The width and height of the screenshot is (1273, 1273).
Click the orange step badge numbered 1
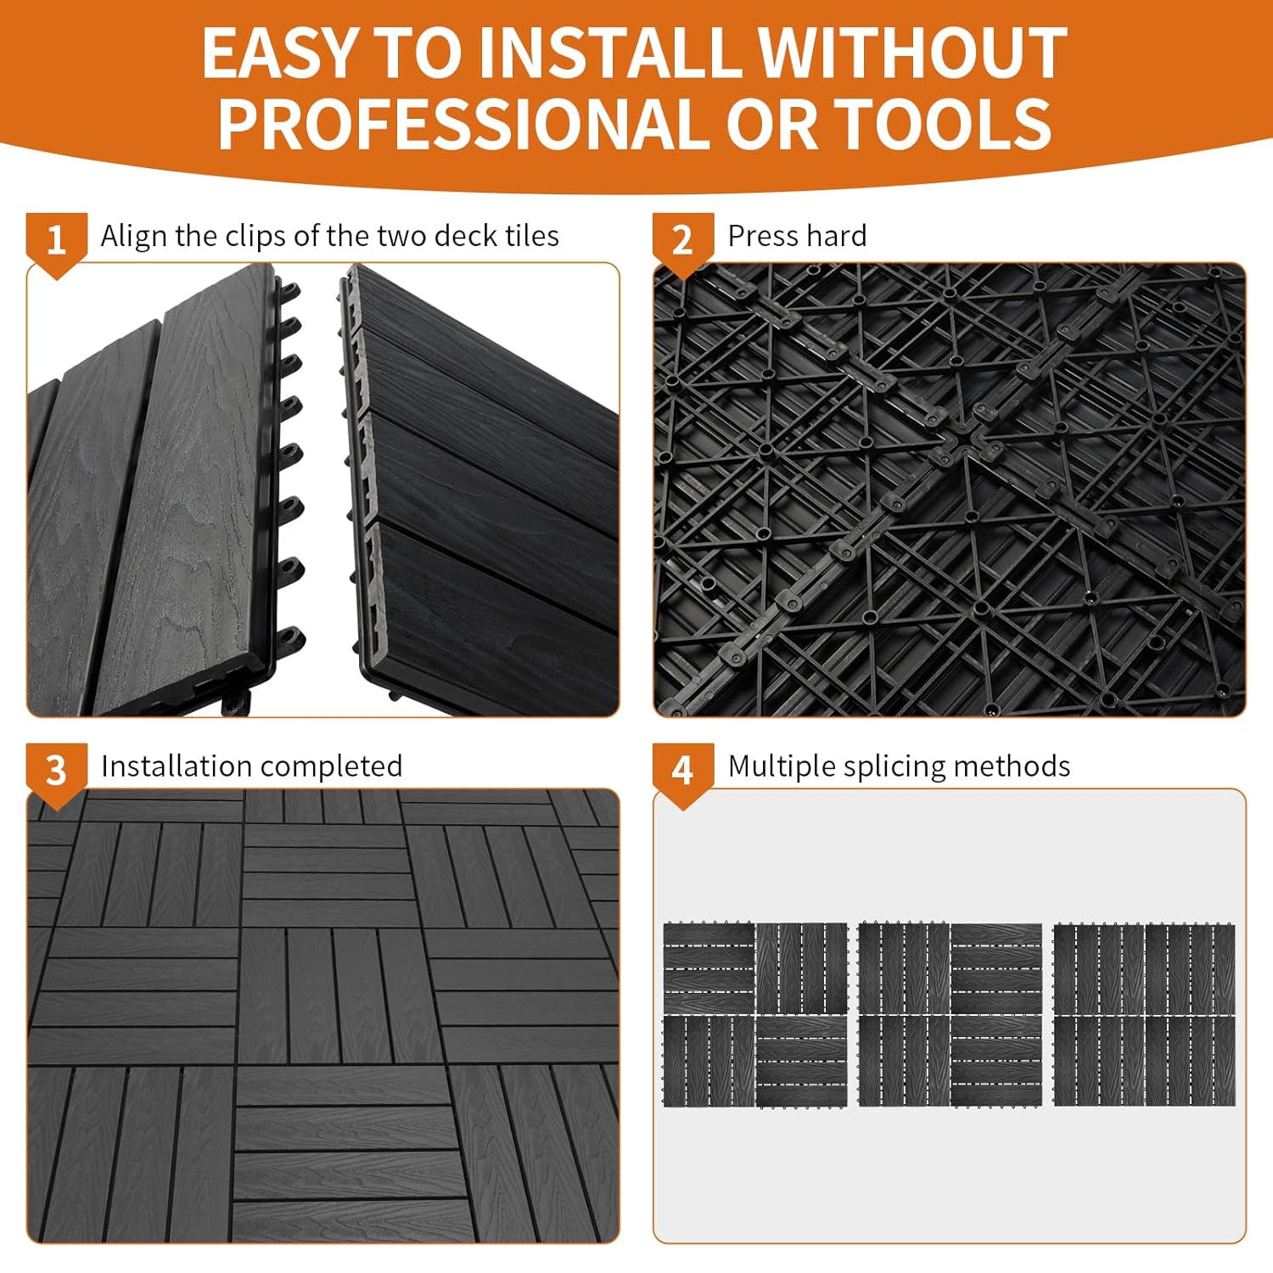click(56, 241)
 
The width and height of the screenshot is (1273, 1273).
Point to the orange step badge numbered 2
click(682, 241)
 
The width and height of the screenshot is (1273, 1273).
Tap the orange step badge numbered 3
click(56, 771)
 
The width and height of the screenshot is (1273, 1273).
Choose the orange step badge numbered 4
click(682, 771)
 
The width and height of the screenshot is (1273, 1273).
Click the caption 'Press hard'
click(797, 236)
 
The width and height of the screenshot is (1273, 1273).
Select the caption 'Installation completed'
click(251, 766)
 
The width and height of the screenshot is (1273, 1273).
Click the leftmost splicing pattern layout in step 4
click(755, 1015)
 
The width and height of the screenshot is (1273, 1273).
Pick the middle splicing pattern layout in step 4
click(950, 1015)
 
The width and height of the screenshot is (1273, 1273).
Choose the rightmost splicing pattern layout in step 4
click(1144, 1015)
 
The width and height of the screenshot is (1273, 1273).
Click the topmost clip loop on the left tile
click(290, 292)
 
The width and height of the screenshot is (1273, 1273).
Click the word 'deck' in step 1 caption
click(466, 236)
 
